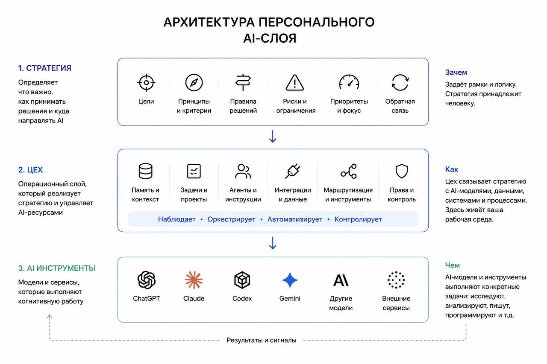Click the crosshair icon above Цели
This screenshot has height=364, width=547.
pos(146,83)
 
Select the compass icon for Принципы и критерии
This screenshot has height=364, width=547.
pos(194,83)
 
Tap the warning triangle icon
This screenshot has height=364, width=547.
pos(295,83)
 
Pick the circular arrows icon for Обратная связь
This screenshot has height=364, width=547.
pos(400,83)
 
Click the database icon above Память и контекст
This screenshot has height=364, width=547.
pos(146,171)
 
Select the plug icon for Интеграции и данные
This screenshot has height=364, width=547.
pos(293,171)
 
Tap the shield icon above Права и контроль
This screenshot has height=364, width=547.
pos(402,171)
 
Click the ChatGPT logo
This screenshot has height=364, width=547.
pos(146,280)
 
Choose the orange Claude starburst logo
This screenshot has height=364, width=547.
pos(194,280)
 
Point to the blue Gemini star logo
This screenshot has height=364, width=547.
pos(290,280)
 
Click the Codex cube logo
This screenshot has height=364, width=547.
pos(242,280)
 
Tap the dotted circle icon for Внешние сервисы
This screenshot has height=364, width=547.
pos(396,280)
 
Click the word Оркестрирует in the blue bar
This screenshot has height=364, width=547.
pos(231,219)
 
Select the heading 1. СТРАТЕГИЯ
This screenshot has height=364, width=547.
pos(45,68)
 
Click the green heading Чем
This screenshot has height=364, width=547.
pos(452,265)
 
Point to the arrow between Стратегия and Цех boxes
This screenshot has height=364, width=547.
pos(273,137)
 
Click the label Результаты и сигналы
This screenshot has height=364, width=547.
pos(261,340)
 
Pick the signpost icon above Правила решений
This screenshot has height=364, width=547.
pos(243,82)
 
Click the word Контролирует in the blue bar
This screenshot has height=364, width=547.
pos(358,219)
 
